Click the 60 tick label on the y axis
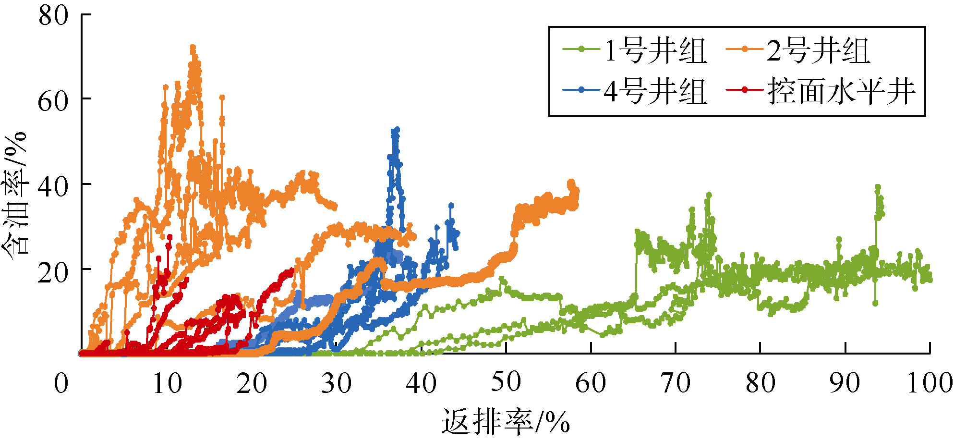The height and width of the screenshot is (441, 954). click(53, 100)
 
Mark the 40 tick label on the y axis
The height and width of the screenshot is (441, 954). click(53, 186)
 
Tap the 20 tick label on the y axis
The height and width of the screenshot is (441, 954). click(53, 272)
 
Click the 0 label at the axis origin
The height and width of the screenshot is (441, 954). click(61, 383)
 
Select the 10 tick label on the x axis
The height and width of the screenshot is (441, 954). click(167, 383)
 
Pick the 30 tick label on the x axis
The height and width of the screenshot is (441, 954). click(336, 383)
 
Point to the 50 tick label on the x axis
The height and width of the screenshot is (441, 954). click(506, 382)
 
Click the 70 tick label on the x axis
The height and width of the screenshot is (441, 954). click(675, 383)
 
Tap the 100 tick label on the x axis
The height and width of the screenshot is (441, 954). click(930, 383)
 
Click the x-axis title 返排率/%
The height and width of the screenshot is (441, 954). click(506, 422)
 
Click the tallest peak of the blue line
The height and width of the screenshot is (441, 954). click(397, 130)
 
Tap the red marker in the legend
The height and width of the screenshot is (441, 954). click(745, 90)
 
